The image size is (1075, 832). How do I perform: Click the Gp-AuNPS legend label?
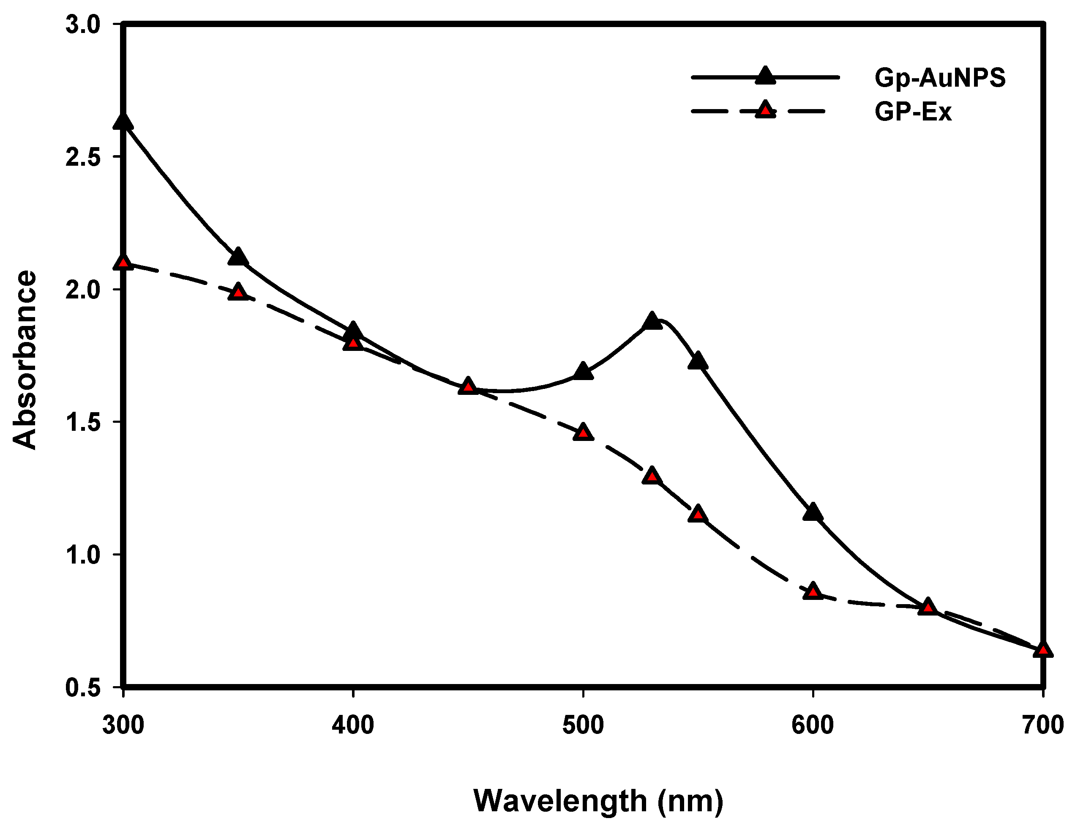pos(940,78)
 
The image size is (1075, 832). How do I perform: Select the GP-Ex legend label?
pos(913,112)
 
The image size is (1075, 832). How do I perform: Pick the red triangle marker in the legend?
pos(765,110)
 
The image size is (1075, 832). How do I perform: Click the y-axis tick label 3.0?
pos(82,25)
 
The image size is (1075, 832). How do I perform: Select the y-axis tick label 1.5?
pos(82,422)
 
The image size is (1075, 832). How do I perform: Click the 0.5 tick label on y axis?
pos(82,687)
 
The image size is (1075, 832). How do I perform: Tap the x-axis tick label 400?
pos(353,725)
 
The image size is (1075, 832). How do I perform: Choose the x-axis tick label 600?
pos(813,725)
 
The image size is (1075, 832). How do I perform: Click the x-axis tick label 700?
pos(1042,725)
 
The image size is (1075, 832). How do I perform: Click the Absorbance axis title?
pos(25,359)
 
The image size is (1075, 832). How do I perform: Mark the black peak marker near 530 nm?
pos(652,321)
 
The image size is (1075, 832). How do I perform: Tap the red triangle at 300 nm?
pos(123,263)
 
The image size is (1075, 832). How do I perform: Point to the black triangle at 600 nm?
pos(813,512)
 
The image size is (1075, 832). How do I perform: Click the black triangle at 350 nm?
pos(238,257)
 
